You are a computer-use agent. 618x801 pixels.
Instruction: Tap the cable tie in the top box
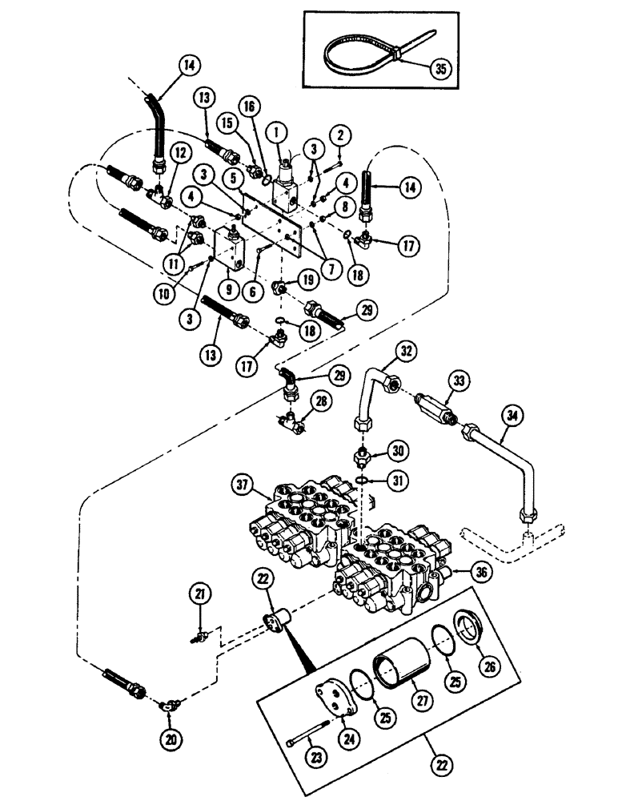coord(360,54)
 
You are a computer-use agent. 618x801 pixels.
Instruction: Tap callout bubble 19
coord(307,280)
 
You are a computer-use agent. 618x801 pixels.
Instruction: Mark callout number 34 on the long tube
coord(509,415)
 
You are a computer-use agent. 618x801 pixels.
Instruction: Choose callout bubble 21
coord(199,594)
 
